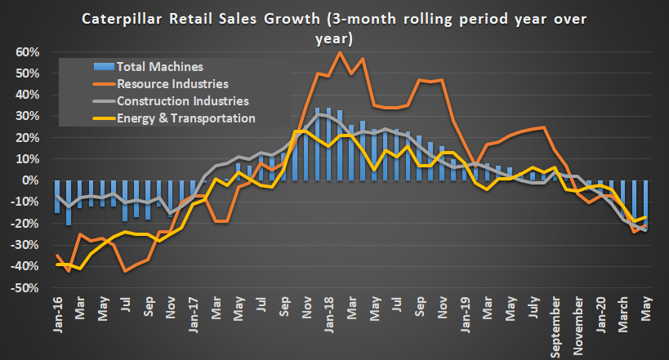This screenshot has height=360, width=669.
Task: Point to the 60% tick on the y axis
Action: click(27, 52)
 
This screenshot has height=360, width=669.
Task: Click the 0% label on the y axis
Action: click(31, 180)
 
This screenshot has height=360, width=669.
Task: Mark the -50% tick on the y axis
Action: click(25, 288)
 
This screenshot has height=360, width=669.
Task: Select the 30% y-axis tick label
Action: click(27, 116)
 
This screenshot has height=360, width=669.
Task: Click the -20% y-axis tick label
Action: click(25, 224)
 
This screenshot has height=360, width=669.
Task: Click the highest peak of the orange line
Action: click(339, 52)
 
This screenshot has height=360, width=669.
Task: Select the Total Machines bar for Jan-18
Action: click(328, 144)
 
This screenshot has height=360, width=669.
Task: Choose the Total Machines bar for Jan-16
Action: click(57, 196)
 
